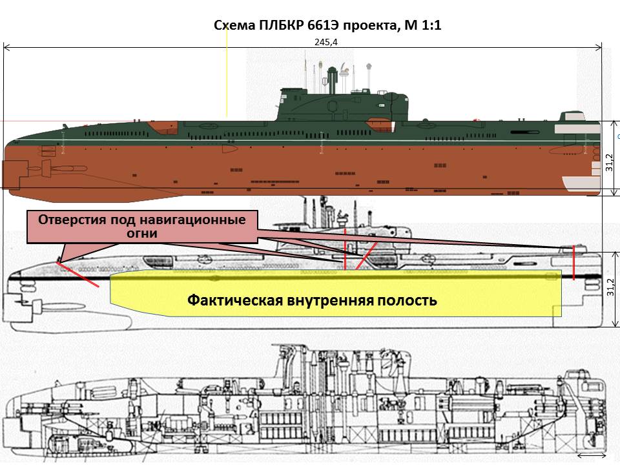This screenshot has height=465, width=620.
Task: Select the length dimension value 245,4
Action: click(x=320, y=41)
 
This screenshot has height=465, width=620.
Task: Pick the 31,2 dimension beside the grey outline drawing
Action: click(x=609, y=287)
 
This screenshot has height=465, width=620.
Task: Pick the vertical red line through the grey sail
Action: click(x=345, y=248)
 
